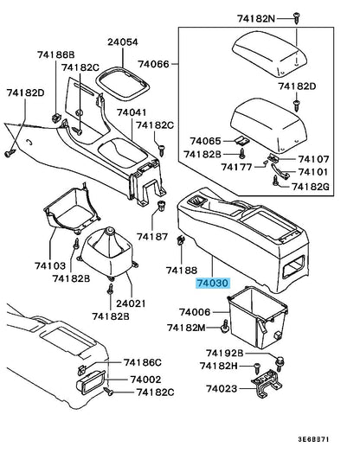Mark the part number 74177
229,166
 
